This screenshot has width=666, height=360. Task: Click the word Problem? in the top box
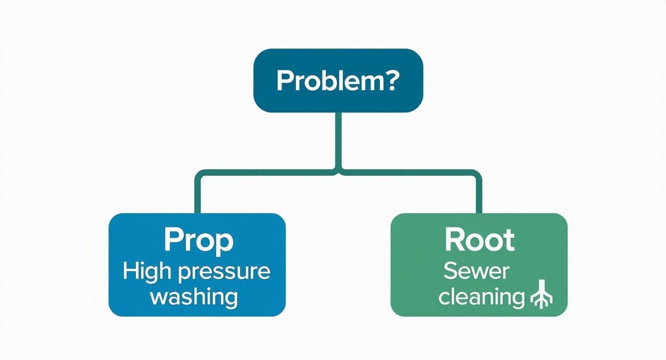337,81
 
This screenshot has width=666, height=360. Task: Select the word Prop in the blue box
199,241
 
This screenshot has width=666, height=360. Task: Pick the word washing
194,297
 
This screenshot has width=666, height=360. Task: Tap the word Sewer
476,271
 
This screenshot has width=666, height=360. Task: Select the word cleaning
481,297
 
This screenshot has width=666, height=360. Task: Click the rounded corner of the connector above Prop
200,174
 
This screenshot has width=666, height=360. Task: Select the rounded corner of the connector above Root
476,174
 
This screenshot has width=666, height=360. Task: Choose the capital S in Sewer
451,271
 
